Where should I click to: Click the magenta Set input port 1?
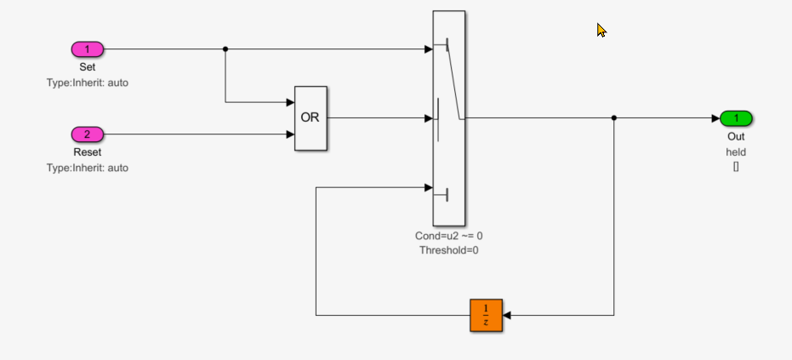(87, 49)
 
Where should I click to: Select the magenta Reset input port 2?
(87, 134)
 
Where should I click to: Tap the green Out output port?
(736, 118)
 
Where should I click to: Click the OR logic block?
(311, 118)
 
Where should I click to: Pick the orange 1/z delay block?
(487, 315)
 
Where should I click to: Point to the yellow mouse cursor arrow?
(601, 31)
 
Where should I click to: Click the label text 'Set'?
(87, 66)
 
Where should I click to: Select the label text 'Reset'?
(87, 151)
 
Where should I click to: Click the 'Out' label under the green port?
(736, 136)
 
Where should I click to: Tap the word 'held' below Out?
(736, 151)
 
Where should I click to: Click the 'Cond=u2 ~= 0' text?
(448, 235)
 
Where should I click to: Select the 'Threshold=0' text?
(448, 250)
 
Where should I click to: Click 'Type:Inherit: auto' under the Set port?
(87, 83)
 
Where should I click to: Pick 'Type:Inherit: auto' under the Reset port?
(87, 168)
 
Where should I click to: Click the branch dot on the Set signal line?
(225, 49)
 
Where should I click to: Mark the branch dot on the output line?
(614, 118)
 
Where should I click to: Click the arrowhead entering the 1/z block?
(509, 315)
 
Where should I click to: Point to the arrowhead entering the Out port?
(715, 118)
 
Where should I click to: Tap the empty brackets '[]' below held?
(736, 167)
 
